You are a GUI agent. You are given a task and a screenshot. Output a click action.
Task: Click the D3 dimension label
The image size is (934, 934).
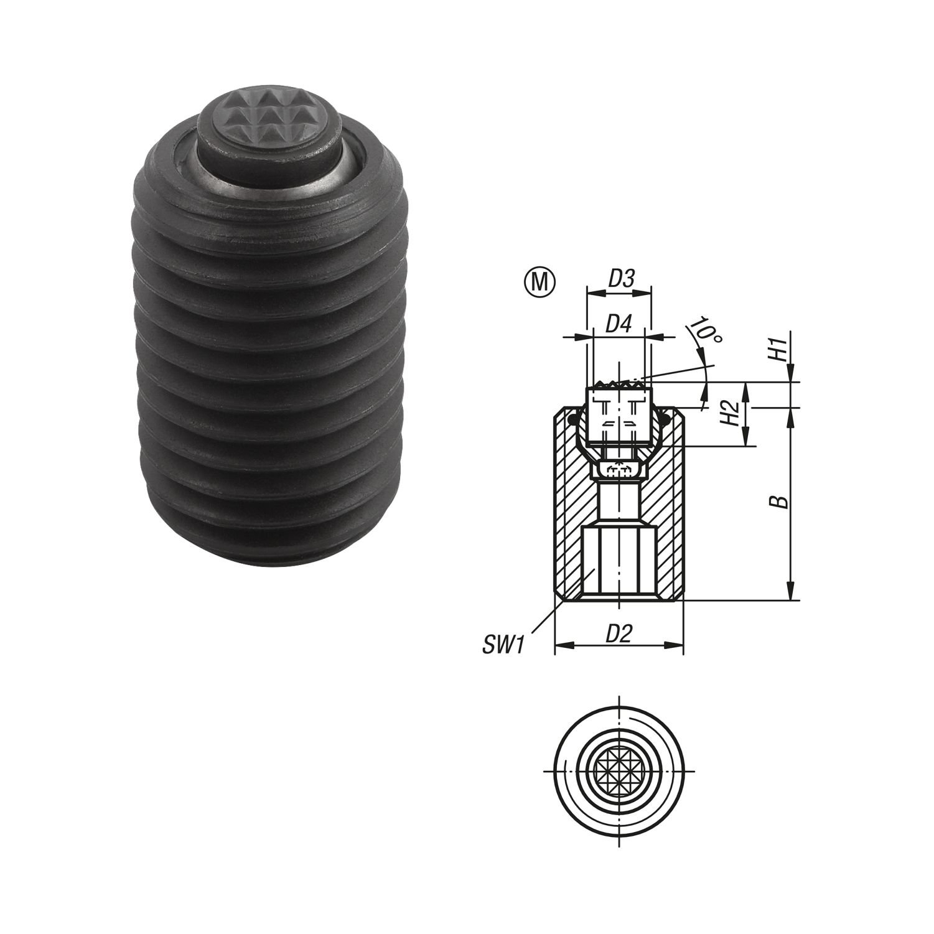pos(620,279)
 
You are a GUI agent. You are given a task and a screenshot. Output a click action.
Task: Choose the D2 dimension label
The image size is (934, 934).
pos(619,633)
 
